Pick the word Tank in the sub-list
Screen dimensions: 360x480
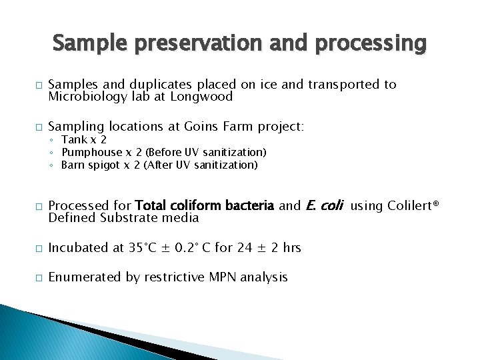[73, 140]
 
